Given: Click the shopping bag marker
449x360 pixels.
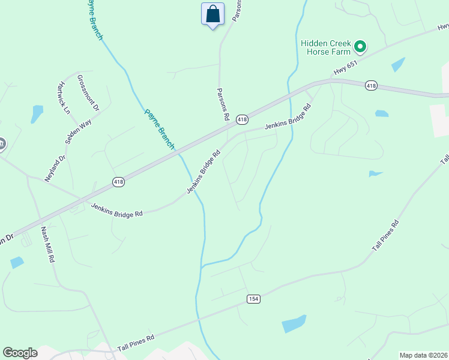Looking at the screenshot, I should (x=212, y=14).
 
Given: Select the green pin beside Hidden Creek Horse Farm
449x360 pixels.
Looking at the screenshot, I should (x=360, y=46).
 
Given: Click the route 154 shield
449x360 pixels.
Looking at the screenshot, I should (x=253, y=299).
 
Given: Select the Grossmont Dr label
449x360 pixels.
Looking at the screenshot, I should (x=88, y=94).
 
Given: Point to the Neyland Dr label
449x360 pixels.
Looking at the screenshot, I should (x=54, y=169).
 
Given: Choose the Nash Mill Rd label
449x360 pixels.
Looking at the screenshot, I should (x=47, y=245).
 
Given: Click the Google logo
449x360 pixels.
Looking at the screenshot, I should (x=20, y=353).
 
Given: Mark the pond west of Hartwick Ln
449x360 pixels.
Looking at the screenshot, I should (x=37, y=113).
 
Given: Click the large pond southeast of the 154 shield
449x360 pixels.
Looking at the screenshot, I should (x=294, y=324).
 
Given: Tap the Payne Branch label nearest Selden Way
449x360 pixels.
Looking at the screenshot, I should (x=159, y=129).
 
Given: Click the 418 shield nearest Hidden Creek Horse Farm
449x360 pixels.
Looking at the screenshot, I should (x=370, y=86).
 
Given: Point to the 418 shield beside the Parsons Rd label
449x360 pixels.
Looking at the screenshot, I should (x=242, y=120).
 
